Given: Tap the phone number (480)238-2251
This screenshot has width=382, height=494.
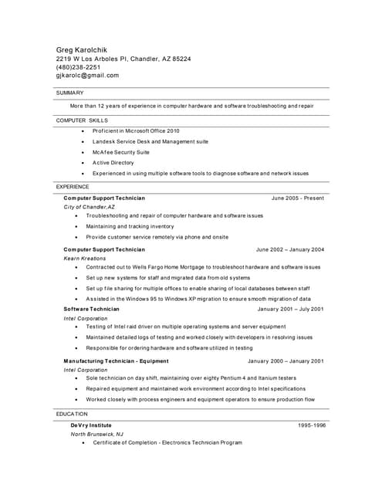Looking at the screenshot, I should [78, 67].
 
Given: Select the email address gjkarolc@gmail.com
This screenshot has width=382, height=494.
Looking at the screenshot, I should [87, 76].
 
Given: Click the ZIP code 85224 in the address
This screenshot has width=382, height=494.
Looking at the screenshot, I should [181, 59].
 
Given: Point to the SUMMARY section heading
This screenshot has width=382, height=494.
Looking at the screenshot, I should [69, 93].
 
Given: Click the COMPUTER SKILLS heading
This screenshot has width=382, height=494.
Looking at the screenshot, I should [82, 121].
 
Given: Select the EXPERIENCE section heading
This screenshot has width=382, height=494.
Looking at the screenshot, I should [73, 187].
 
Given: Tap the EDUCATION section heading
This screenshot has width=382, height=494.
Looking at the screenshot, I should [72, 414].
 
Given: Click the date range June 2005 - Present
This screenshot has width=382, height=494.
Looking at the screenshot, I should [297, 198].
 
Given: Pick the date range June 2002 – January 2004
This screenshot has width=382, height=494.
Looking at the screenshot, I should [289, 249].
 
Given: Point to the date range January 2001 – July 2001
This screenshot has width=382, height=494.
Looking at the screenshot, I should [290, 309].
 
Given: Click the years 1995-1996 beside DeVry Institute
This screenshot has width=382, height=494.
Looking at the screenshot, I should [312, 425].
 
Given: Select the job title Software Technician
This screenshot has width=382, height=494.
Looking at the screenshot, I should [91, 309].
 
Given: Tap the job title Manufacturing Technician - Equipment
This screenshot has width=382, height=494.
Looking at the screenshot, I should [116, 361].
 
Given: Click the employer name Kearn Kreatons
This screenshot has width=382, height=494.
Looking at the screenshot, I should [84, 259].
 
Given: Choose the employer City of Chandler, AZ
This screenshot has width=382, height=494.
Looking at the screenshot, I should [89, 208].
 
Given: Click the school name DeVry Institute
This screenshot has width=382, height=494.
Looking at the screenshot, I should [91, 425].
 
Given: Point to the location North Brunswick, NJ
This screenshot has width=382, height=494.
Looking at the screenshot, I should [96, 434].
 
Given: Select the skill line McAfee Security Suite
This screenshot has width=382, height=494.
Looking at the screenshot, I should [121, 153].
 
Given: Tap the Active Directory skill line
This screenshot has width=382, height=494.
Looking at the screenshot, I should [113, 163].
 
